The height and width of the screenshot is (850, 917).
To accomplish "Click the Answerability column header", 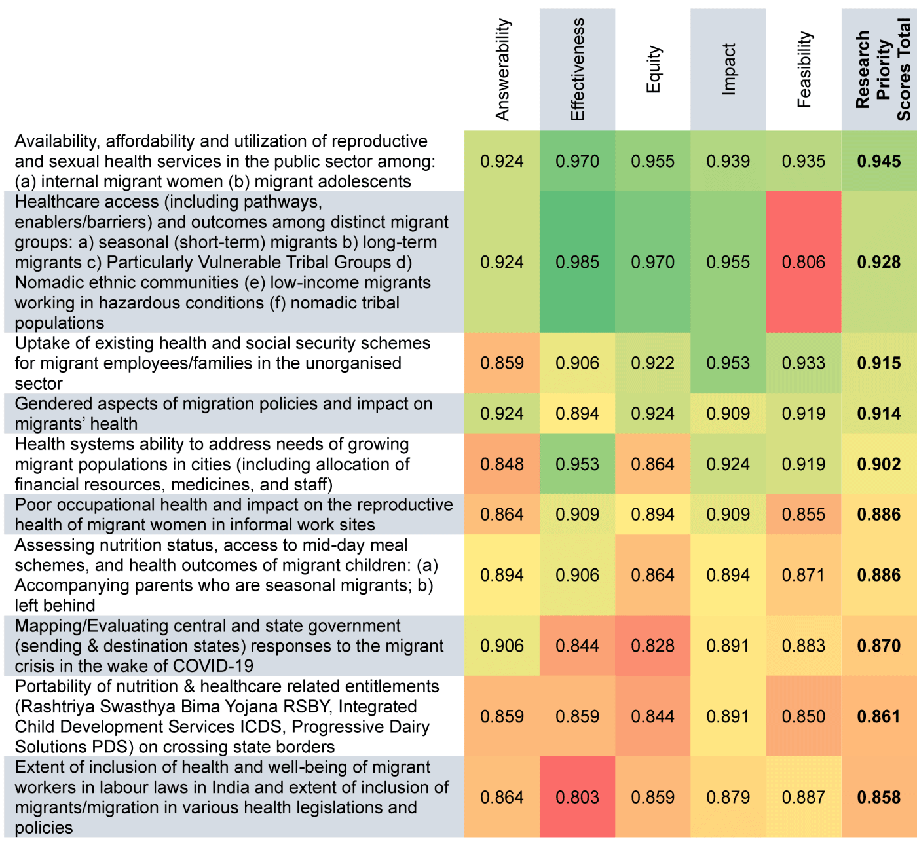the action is click(x=502, y=69).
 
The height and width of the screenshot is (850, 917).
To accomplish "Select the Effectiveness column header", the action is click(x=577, y=69).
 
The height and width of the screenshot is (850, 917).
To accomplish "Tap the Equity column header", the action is click(x=653, y=69).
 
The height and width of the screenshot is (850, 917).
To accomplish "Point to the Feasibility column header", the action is click(x=804, y=69).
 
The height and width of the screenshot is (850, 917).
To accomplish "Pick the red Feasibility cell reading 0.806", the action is click(x=804, y=262).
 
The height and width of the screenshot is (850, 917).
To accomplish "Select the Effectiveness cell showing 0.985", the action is click(x=577, y=262).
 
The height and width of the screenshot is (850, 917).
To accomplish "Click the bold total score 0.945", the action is click(x=878, y=161).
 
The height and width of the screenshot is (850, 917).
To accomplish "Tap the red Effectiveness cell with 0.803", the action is click(x=577, y=797).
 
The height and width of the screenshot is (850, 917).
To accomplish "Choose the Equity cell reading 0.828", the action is click(x=653, y=646).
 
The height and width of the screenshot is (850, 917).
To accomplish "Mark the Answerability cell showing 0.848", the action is click(x=502, y=464).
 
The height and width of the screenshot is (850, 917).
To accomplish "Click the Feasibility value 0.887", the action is click(x=804, y=797).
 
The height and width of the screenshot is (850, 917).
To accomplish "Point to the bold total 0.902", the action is click(x=878, y=464).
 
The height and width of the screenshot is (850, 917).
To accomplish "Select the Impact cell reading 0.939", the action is click(x=728, y=161).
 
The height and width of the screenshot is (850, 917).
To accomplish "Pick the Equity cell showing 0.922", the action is click(x=653, y=363).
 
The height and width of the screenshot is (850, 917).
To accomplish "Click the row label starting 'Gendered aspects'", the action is click(x=223, y=414).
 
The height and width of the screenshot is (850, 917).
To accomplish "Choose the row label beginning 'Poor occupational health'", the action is click(x=234, y=514).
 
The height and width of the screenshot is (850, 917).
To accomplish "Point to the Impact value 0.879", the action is click(x=728, y=797).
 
